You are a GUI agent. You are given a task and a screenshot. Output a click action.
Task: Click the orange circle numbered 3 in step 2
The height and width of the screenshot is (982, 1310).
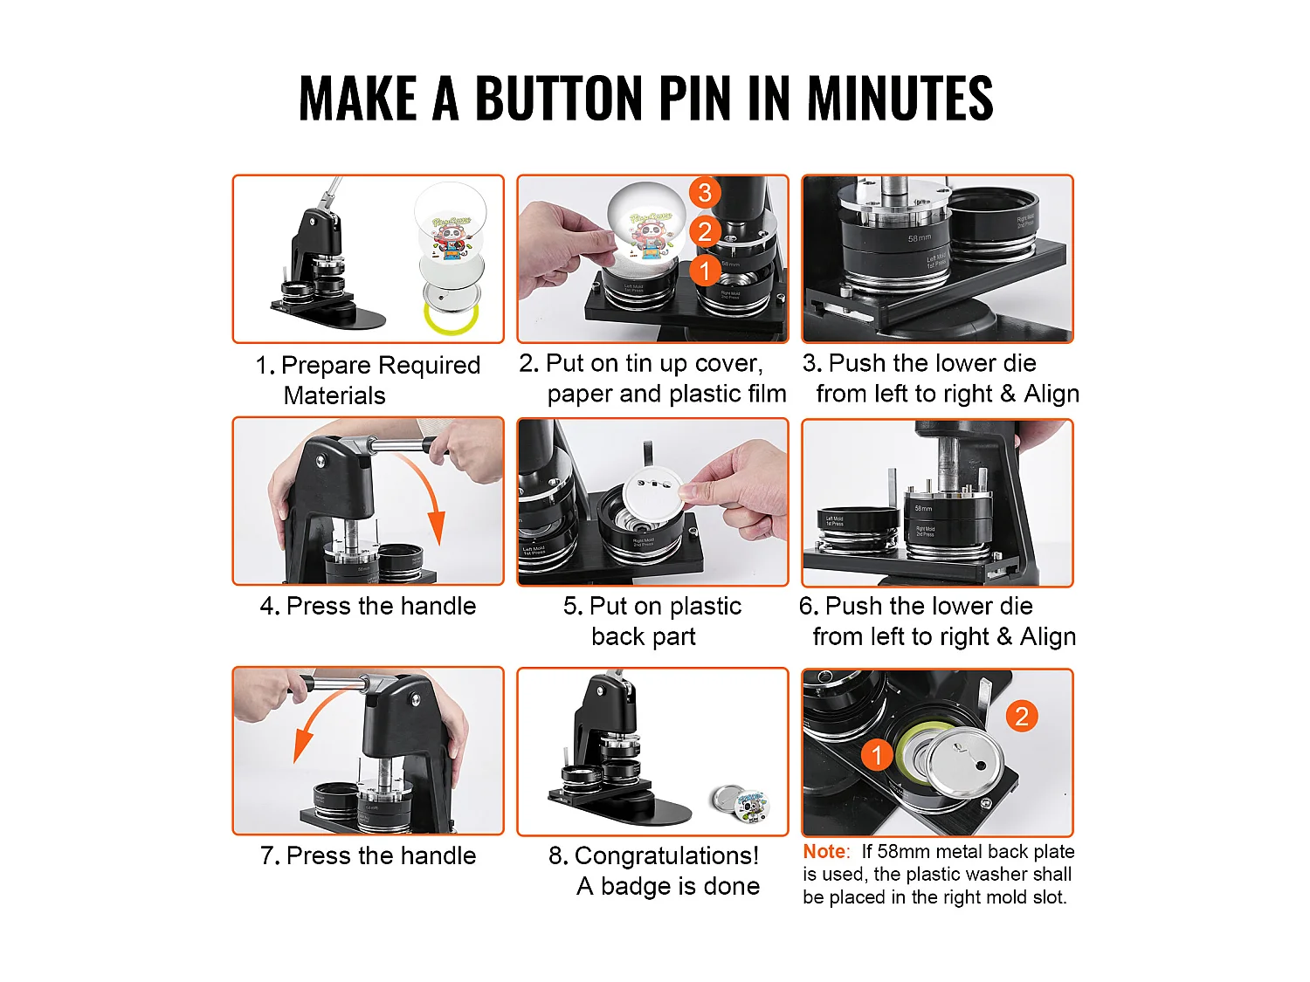[705, 192]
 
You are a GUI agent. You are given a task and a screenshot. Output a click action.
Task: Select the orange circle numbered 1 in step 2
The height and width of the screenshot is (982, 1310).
[705, 271]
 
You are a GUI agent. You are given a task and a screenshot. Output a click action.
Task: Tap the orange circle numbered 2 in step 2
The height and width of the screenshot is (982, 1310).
[705, 231]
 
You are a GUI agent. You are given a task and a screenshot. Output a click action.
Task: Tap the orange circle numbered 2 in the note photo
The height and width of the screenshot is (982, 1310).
[1021, 717]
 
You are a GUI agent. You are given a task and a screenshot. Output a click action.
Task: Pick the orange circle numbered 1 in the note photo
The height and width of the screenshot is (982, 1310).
[877, 755]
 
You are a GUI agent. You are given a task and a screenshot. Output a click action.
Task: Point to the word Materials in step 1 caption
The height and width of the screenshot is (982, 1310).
[334, 395]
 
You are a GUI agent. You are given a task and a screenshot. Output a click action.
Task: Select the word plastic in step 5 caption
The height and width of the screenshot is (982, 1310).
[699, 606]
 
